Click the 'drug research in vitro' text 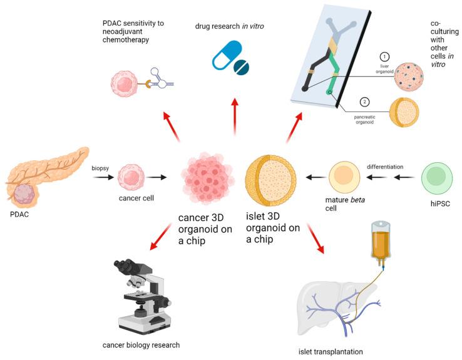234,28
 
